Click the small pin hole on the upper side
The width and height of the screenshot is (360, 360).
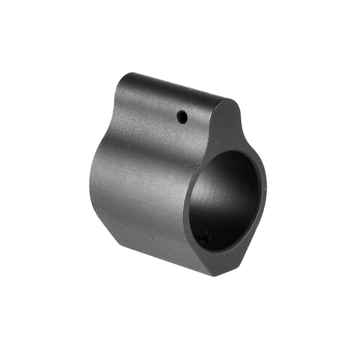[x=182, y=117]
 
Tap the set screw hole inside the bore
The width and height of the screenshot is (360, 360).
[x=204, y=240]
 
